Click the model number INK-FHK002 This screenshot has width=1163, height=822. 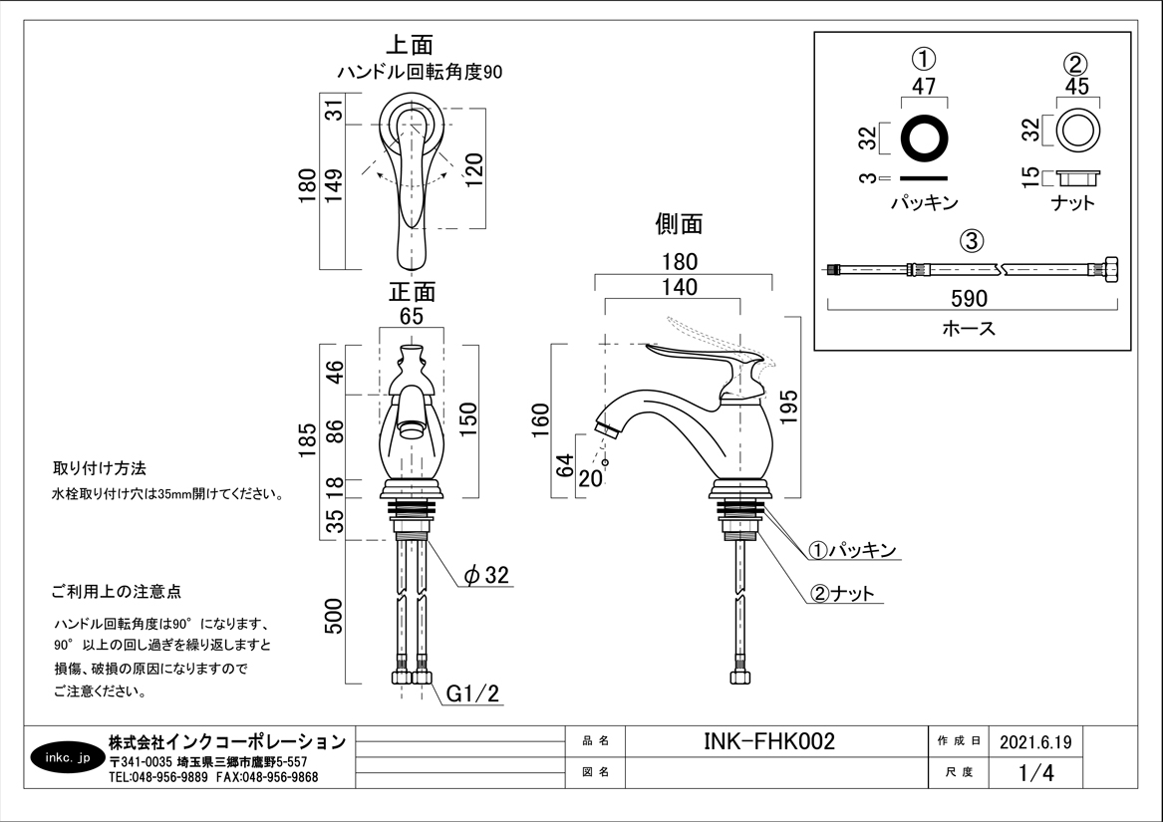pyautogui.click(x=768, y=742)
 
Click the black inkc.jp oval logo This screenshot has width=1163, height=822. pyautogui.click(x=68, y=758)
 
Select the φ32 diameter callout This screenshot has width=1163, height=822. pyautogui.click(x=487, y=575)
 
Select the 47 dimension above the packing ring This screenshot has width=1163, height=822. pyautogui.click(x=924, y=86)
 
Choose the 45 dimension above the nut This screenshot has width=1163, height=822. pyautogui.click(x=1076, y=87)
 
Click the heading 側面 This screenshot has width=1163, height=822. pyautogui.click(x=679, y=224)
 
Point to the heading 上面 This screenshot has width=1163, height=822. pyautogui.click(x=410, y=46)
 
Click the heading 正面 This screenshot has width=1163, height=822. pyautogui.click(x=412, y=292)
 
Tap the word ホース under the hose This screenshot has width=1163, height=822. pyautogui.click(x=969, y=328)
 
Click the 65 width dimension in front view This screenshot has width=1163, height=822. pyautogui.click(x=412, y=317)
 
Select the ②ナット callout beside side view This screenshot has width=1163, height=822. pyautogui.click(x=843, y=594)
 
